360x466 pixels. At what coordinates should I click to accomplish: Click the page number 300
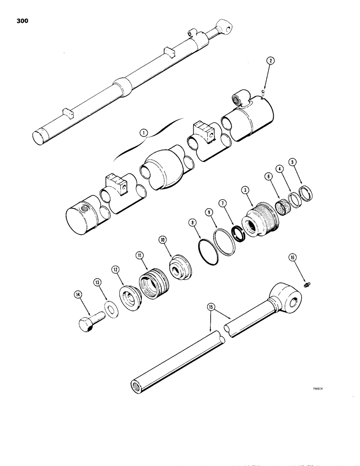click(21, 21)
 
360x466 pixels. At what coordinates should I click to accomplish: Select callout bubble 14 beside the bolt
click(77, 294)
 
